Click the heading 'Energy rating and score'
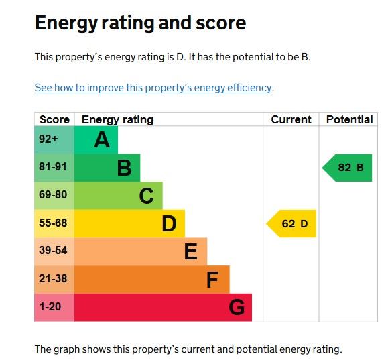(141, 23)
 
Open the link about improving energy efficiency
(153, 88)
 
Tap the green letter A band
(96, 139)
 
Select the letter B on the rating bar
(124, 168)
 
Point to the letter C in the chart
(146, 196)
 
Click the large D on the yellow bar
(169, 224)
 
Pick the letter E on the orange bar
(191, 251)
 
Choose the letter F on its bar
(212, 280)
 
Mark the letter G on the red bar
(237, 308)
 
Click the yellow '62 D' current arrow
(291, 224)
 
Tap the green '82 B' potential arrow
(347, 168)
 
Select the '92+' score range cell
(54, 139)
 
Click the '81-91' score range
(53, 167)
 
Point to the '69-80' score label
(53, 194)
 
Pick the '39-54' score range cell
(54, 251)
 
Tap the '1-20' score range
(50, 306)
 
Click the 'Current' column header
(291, 120)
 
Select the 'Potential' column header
(349, 120)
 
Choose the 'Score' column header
(54, 120)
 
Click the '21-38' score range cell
(54, 280)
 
